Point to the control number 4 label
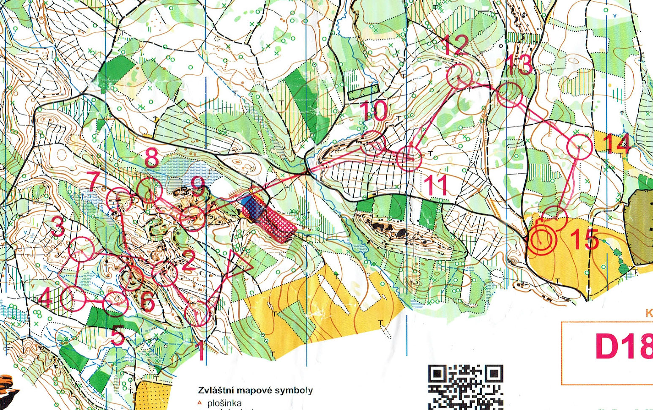(x=45, y=299)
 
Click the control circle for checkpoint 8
(x=150, y=191)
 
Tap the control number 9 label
(x=197, y=186)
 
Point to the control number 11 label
(x=435, y=186)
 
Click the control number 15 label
(x=585, y=240)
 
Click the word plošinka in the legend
(x=224, y=403)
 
